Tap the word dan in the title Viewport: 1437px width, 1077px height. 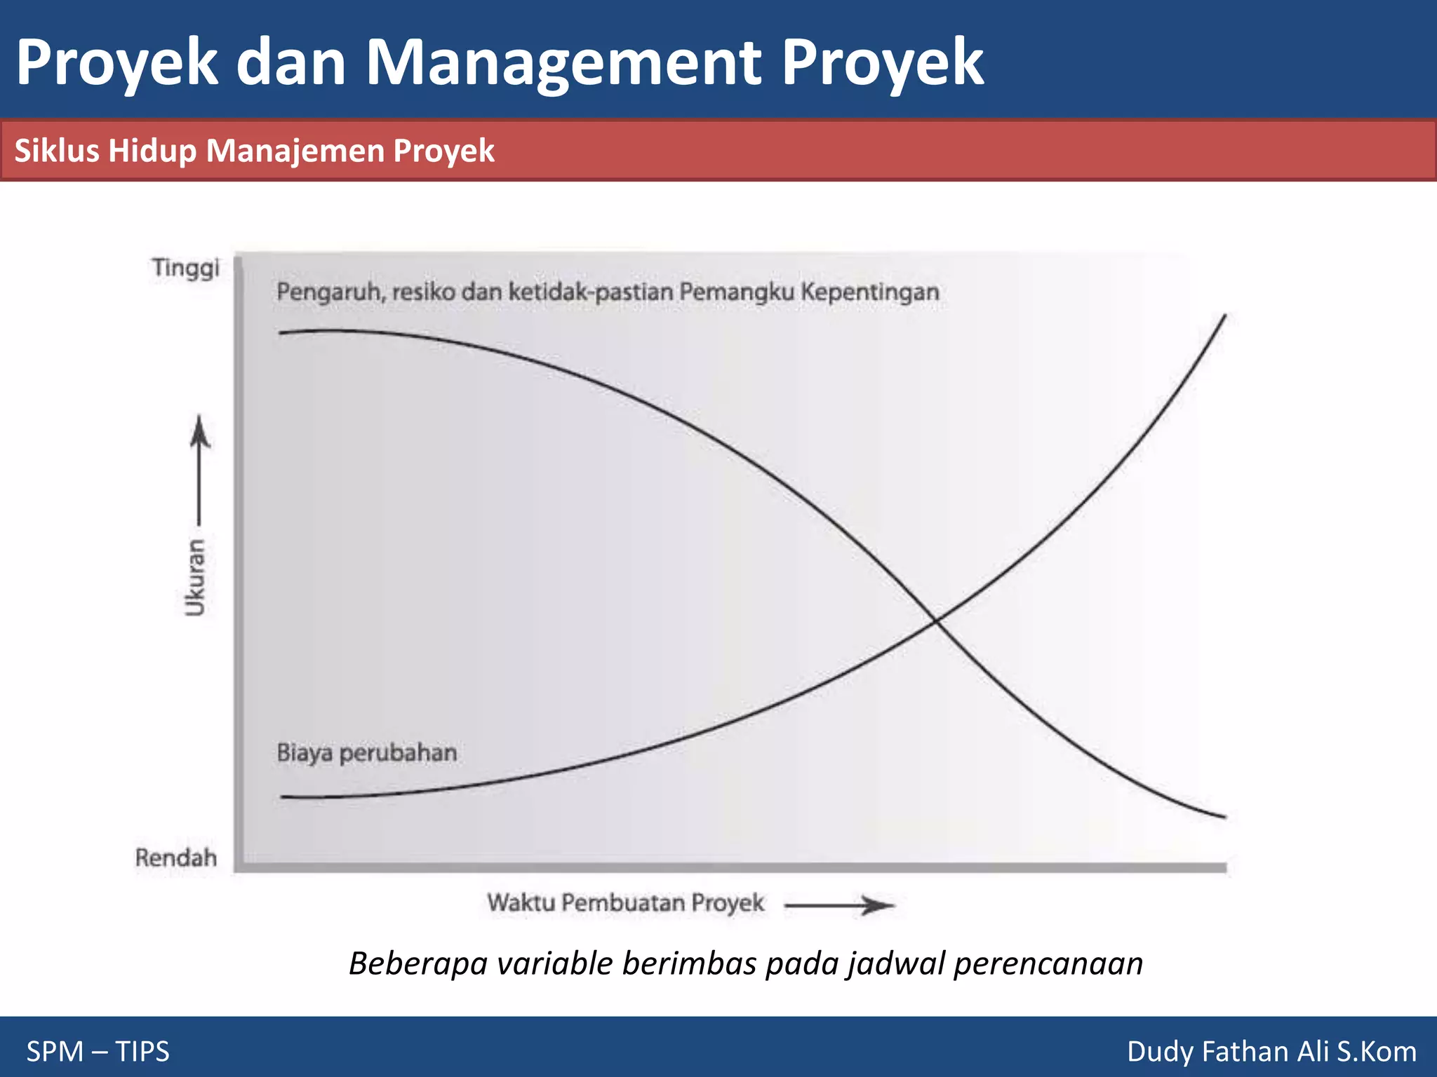[291, 63]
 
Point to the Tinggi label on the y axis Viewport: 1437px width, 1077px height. [186, 268]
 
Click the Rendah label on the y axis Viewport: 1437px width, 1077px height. [176, 858]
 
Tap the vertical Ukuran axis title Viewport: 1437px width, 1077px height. [196, 578]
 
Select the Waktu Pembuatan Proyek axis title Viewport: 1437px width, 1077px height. [626, 902]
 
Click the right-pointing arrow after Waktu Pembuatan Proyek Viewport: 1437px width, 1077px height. [839, 905]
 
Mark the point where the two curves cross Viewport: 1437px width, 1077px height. [935, 620]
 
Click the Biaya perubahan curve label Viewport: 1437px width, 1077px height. [367, 753]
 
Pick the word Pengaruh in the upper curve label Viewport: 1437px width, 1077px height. [330, 292]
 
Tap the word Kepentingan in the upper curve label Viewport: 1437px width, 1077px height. [870, 292]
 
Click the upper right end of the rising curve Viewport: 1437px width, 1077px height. [1224, 318]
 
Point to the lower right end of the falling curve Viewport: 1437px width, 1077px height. [1224, 816]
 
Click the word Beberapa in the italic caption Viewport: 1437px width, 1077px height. [418, 964]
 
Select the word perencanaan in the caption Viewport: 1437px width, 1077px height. [1048, 964]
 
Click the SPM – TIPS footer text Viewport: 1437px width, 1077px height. [98, 1052]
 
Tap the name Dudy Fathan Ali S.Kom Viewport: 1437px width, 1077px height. [1271, 1052]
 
